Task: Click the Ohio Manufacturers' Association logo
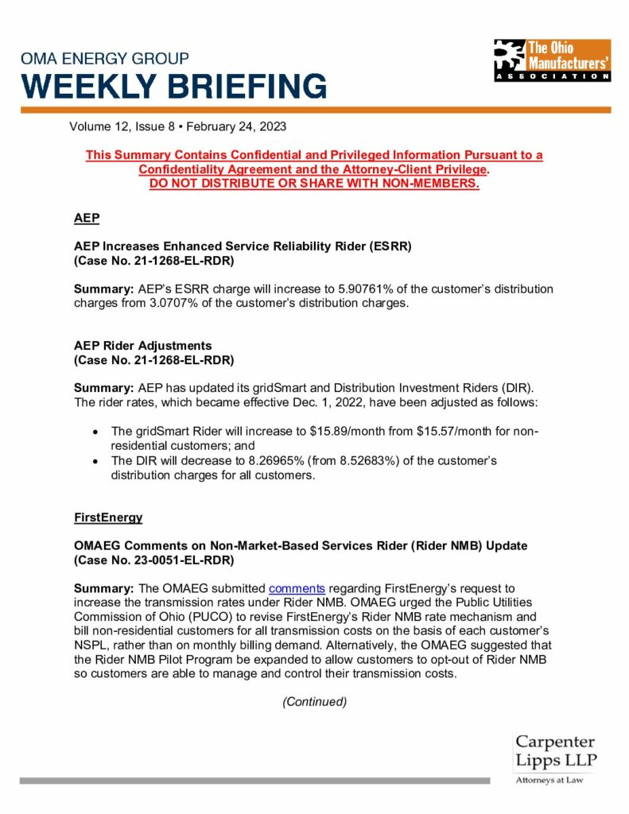pos(551,60)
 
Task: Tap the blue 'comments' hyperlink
pos(297,589)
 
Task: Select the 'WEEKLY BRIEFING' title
pos(173,86)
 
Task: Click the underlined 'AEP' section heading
pos(86,217)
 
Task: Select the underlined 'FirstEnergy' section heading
pos(108,517)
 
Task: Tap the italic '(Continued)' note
pos(315,702)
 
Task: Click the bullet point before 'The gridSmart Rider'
pos(95,432)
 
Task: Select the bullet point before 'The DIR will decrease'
pos(95,461)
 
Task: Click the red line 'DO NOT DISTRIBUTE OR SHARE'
pos(314,184)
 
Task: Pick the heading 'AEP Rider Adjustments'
pos(142,346)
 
